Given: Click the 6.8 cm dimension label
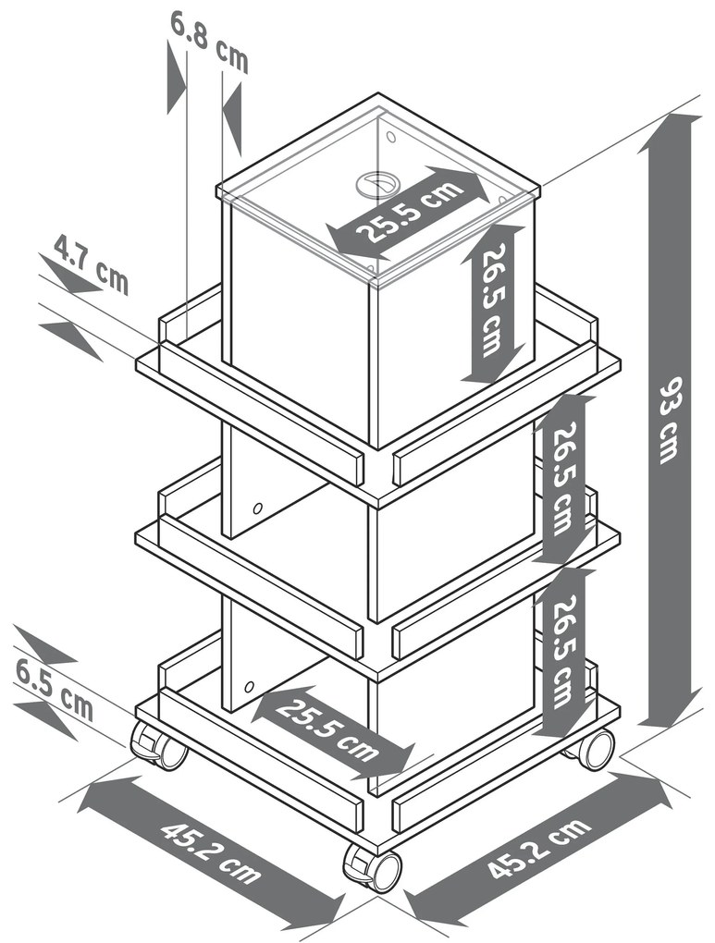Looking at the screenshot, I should click(x=208, y=43).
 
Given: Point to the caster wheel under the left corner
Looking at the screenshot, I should click(x=158, y=746).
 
